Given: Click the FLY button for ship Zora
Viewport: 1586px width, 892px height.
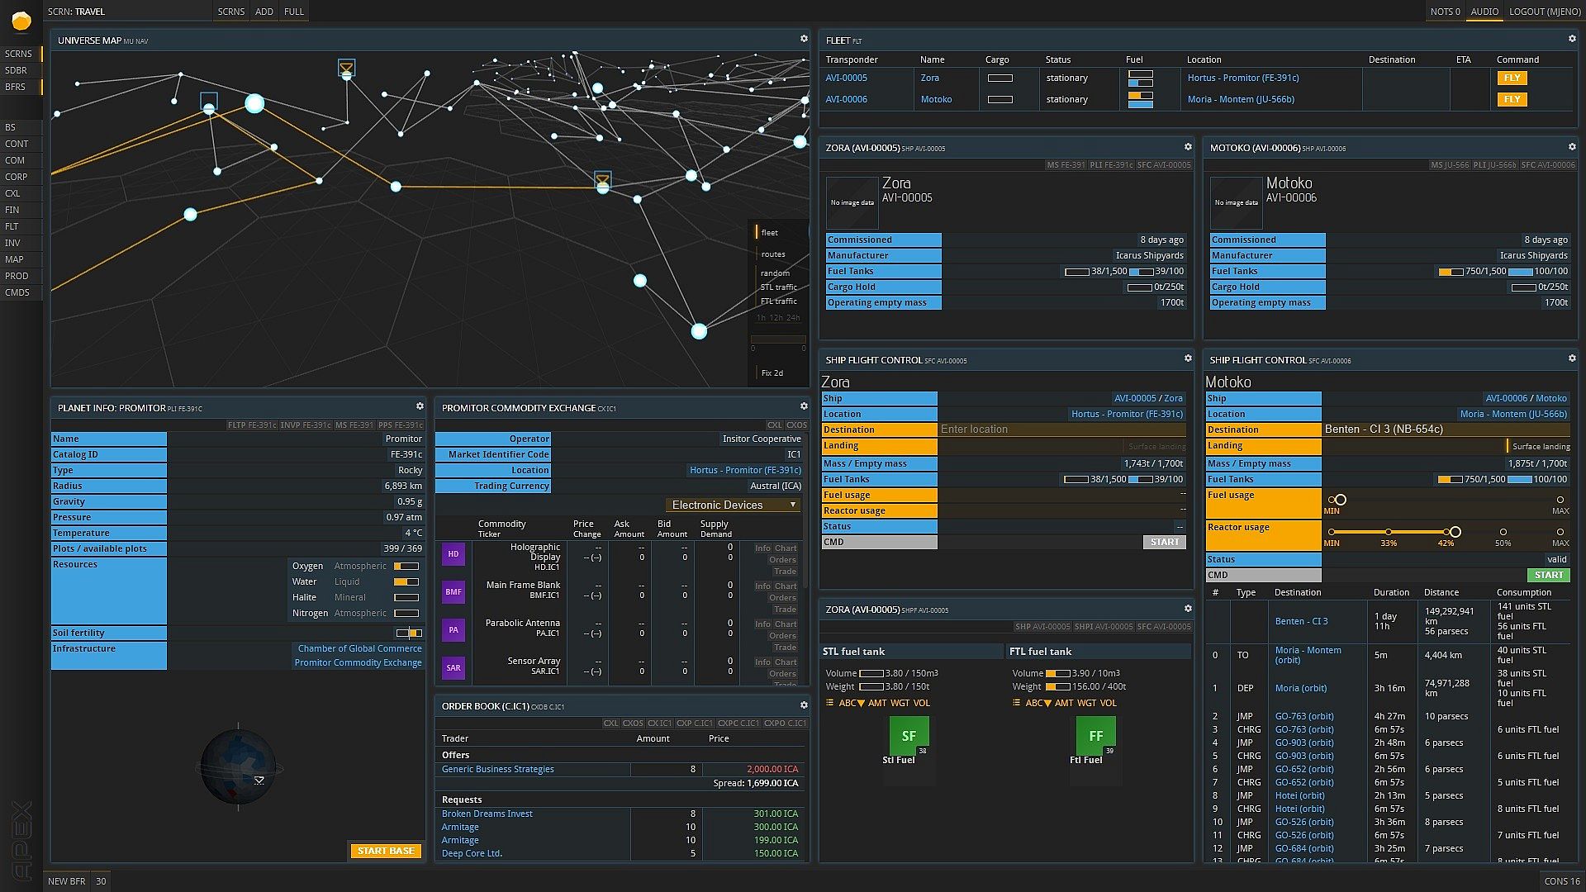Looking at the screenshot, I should (1512, 78).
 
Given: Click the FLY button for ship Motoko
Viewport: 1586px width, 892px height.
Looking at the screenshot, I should (1512, 99).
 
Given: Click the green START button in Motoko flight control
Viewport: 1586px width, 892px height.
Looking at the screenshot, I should (1548, 575).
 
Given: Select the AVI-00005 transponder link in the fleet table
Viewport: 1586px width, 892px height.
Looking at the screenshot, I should (846, 78).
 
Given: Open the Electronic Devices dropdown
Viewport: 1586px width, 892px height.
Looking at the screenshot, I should (733, 505).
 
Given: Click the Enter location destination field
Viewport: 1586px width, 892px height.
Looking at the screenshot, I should (1061, 429).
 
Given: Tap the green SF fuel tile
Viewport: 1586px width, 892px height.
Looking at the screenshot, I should (909, 736).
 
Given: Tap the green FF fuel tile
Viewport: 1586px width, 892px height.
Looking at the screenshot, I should (1095, 736).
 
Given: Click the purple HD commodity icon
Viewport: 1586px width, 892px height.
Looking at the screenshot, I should (453, 554).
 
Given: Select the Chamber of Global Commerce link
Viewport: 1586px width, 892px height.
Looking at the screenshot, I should (359, 648).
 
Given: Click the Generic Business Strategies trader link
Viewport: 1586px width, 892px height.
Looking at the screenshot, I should (497, 769).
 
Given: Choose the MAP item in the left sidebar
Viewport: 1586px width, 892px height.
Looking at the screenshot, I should (15, 259).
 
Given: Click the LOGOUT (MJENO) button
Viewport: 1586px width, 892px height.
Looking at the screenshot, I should (1545, 12).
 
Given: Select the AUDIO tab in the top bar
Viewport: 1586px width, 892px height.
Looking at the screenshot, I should (1484, 12).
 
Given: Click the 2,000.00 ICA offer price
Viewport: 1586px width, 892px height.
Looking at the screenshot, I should (772, 769).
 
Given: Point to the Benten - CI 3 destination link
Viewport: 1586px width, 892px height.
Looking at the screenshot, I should (1301, 621).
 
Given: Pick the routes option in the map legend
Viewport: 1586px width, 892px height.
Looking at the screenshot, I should (773, 254).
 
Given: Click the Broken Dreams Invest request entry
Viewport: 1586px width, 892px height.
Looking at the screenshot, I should (487, 814).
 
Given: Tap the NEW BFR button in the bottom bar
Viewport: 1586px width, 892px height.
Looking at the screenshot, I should (66, 881).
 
